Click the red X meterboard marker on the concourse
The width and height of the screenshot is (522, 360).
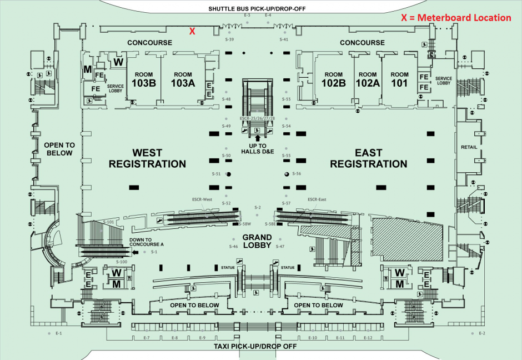192,31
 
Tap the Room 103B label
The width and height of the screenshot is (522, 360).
144,79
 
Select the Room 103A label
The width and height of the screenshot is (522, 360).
183,79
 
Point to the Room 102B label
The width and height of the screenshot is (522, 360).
334,79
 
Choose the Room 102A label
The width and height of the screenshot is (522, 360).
367,79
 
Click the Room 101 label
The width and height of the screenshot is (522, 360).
399,79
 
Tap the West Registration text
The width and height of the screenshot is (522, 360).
147,158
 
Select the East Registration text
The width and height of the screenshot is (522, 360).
368,158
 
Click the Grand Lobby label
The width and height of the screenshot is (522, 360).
257,239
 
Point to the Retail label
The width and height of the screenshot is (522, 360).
469,147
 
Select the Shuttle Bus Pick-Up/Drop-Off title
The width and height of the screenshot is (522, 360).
257,9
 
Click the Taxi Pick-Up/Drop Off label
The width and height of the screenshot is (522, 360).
255,346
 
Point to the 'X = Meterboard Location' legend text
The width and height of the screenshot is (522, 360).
456,18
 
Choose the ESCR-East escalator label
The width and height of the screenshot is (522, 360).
317,199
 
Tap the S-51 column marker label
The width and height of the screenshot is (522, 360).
217,174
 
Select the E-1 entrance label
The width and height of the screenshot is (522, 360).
58,333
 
